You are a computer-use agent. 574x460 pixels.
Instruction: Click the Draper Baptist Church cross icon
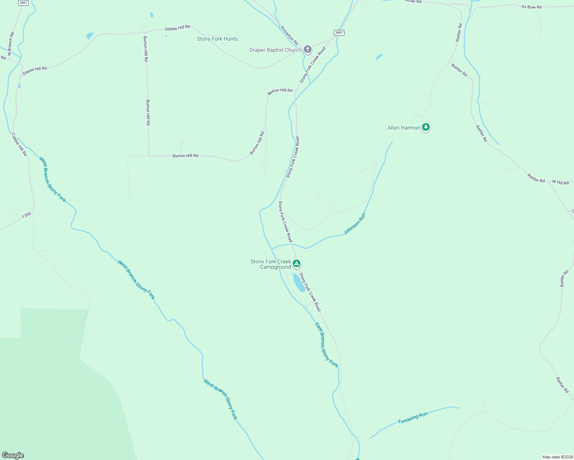pyautogui.click(x=307, y=49)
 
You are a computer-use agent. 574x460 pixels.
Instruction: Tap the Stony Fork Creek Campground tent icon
pyautogui.click(x=296, y=264)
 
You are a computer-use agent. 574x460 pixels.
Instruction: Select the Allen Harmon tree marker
pyautogui.click(x=426, y=127)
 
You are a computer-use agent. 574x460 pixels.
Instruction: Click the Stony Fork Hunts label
pyautogui.click(x=217, y=39)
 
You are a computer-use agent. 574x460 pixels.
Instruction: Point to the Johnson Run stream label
pyautogui.click(x=355, y=224)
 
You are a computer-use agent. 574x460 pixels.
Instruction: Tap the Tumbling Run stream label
pyautogui.click(x=413, y=418)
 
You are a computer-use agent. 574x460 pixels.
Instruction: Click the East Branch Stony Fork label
pyautogui.click(x=327, y=345)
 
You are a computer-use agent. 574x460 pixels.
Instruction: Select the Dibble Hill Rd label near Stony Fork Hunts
pyautogui.click(x=177, y=28)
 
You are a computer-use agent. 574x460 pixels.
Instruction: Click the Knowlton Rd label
pyautogui.click(x=289, y=36)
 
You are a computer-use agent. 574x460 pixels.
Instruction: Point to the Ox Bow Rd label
pyautogui.click(x=531, y=7)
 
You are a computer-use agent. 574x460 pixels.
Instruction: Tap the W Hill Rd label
pyautogui.click(x=560, y=182)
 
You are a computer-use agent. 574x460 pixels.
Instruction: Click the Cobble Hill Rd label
pyautogui.click(x=19, y=144)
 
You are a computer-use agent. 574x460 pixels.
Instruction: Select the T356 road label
pyautogui.click(x=26, y=216)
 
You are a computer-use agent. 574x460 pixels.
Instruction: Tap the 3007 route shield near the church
pyautogui.click(x=339, y=33)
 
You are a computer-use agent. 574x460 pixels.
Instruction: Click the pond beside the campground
pyautogui.click(x=299, y=283)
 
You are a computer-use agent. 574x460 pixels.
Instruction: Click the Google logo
pyautogui.click(x=13, y=455)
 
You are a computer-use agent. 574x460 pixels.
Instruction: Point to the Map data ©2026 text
pyautogui.click(x=558, y=457)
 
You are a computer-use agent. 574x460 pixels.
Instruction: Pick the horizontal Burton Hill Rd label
pyautogui.click(x=185, y=156)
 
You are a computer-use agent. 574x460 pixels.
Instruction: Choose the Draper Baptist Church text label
pyautogui.click(x=275, y=50)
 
